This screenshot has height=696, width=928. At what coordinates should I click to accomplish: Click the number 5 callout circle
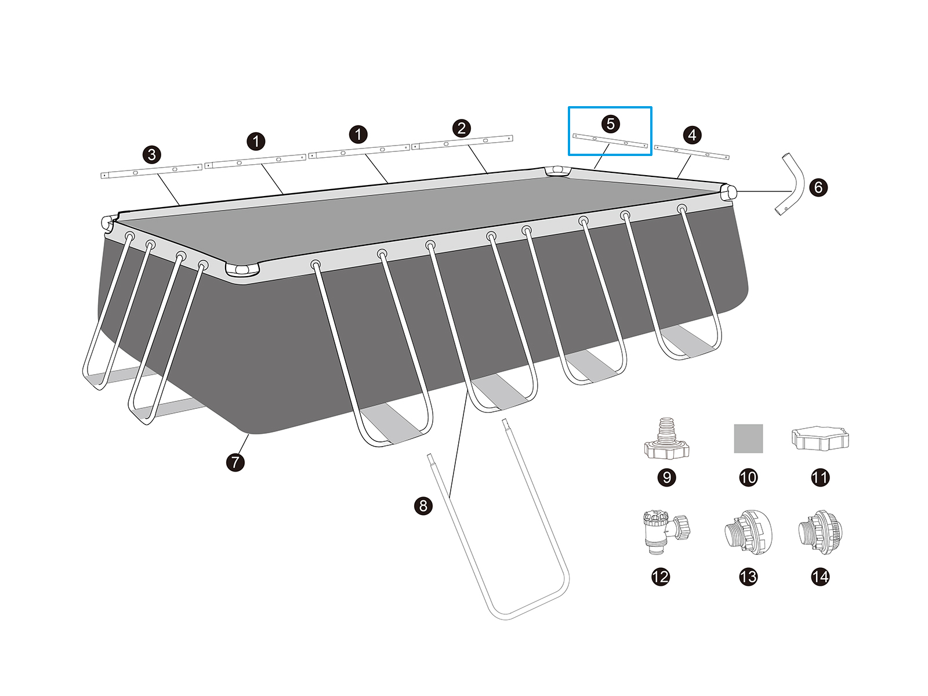[610, 124]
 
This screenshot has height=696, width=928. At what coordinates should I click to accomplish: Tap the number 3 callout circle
[152, 155]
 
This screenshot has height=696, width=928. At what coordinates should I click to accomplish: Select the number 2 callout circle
[461, 128]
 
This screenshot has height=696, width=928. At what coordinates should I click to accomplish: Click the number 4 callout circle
[692, 135]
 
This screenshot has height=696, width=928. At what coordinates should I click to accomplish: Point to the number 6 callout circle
[818, 187]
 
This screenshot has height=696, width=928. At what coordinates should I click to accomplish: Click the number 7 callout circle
[235, 462]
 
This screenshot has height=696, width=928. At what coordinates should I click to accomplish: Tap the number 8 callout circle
[423, 505]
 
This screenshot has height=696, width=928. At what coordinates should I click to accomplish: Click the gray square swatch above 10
[748, 438]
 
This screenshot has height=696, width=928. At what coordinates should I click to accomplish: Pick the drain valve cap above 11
[820, 439]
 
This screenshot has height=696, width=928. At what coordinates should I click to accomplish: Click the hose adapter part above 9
[667, 440]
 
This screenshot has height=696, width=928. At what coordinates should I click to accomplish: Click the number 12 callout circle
[660, 577]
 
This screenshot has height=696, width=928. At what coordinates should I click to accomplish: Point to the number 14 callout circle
[820, 577]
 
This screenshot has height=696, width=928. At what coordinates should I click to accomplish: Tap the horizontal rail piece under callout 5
[610, 142]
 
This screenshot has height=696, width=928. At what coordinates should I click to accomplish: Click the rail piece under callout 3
[151, 171]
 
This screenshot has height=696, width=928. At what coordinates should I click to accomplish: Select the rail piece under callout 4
[691, 153]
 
